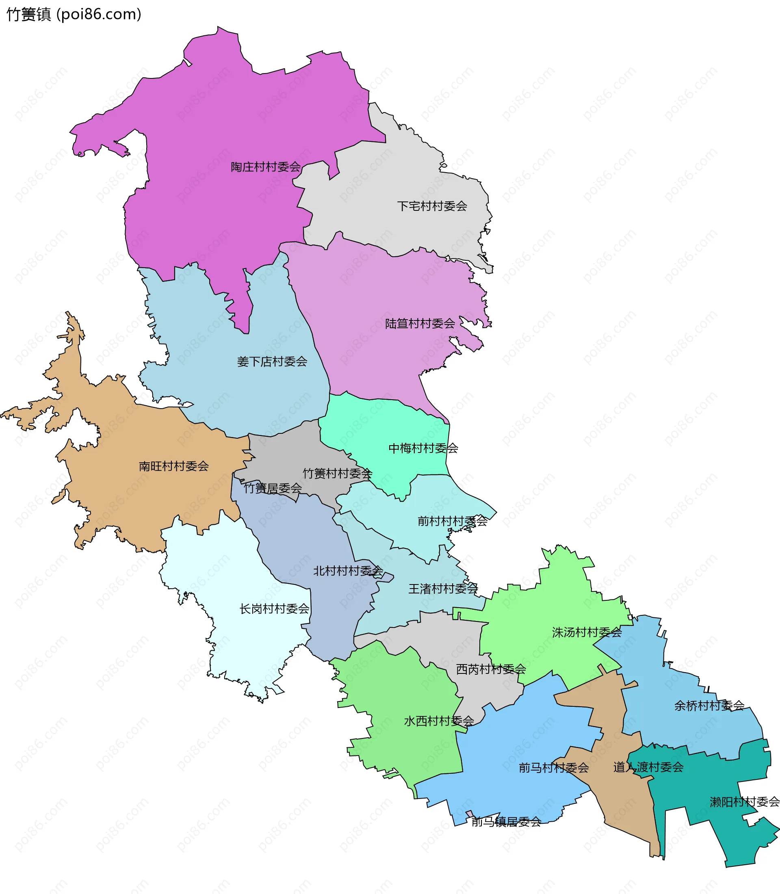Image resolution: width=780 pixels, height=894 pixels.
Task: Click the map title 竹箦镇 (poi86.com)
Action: tap(74, 15)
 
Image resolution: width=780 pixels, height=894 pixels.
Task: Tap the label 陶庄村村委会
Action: tap(266, 167)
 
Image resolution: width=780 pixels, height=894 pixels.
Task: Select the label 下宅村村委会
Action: tap(432, 206)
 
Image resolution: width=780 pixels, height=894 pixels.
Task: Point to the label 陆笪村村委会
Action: tap(420, 323)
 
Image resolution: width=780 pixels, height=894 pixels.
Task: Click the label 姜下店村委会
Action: tap(272, 361)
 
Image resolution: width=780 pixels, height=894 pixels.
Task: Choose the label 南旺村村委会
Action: tap(174, 466)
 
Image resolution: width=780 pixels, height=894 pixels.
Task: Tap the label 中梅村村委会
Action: tap(423, 448)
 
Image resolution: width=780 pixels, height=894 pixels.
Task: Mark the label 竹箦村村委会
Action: tap(337, 474)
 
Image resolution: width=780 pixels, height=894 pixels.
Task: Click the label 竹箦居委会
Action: tap(273, 488)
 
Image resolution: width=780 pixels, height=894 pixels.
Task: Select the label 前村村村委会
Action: tap(452, 521)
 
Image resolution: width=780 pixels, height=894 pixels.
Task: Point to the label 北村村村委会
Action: tap(348, 571)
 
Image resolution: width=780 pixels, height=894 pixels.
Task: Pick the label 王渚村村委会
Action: tap(443, 589)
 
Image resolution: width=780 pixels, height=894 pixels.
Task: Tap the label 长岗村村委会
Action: tap(274, 609)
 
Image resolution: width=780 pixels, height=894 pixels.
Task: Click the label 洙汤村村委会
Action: tap(587, 632)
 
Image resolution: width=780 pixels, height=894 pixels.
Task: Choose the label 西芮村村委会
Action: tap(491, 669)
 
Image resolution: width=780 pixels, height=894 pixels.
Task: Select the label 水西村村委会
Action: tap(439, 721)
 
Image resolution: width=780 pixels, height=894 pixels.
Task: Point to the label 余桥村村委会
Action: tap(709, 706)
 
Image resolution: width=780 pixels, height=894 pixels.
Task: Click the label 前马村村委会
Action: tap(554, 768)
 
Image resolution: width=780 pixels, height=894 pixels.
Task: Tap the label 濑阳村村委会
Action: tap(744, 802)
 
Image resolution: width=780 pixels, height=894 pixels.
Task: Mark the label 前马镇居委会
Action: tap(506, 822)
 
